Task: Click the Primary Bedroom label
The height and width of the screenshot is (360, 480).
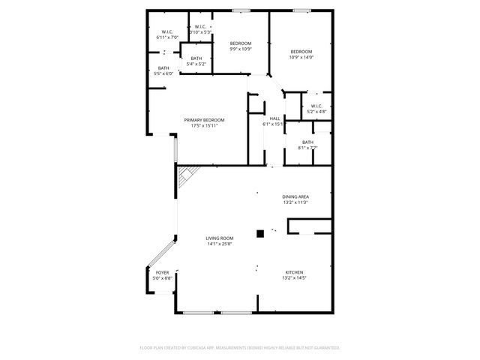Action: (205, 120)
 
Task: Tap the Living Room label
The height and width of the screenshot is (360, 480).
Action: (220, 238)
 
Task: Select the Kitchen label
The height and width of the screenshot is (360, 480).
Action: (294, 272)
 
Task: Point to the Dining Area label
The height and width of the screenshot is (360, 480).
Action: (295, 196)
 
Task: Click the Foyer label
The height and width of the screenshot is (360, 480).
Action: (162, 272)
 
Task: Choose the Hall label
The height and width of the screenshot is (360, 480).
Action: (275, 118)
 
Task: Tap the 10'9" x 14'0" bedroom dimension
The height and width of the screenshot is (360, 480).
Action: (301, 57)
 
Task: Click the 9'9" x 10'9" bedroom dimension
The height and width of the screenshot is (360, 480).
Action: (240, 50)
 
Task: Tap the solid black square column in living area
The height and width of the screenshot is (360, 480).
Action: (260, 233)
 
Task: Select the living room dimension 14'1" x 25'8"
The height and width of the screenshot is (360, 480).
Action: (220, 244)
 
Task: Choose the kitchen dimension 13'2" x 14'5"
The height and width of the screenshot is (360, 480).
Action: (294, 277)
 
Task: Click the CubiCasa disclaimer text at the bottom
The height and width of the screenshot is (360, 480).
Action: (240, 347)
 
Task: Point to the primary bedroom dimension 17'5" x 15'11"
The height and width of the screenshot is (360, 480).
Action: (205, 125)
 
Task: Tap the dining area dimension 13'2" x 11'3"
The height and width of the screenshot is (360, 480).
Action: (295, 202)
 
